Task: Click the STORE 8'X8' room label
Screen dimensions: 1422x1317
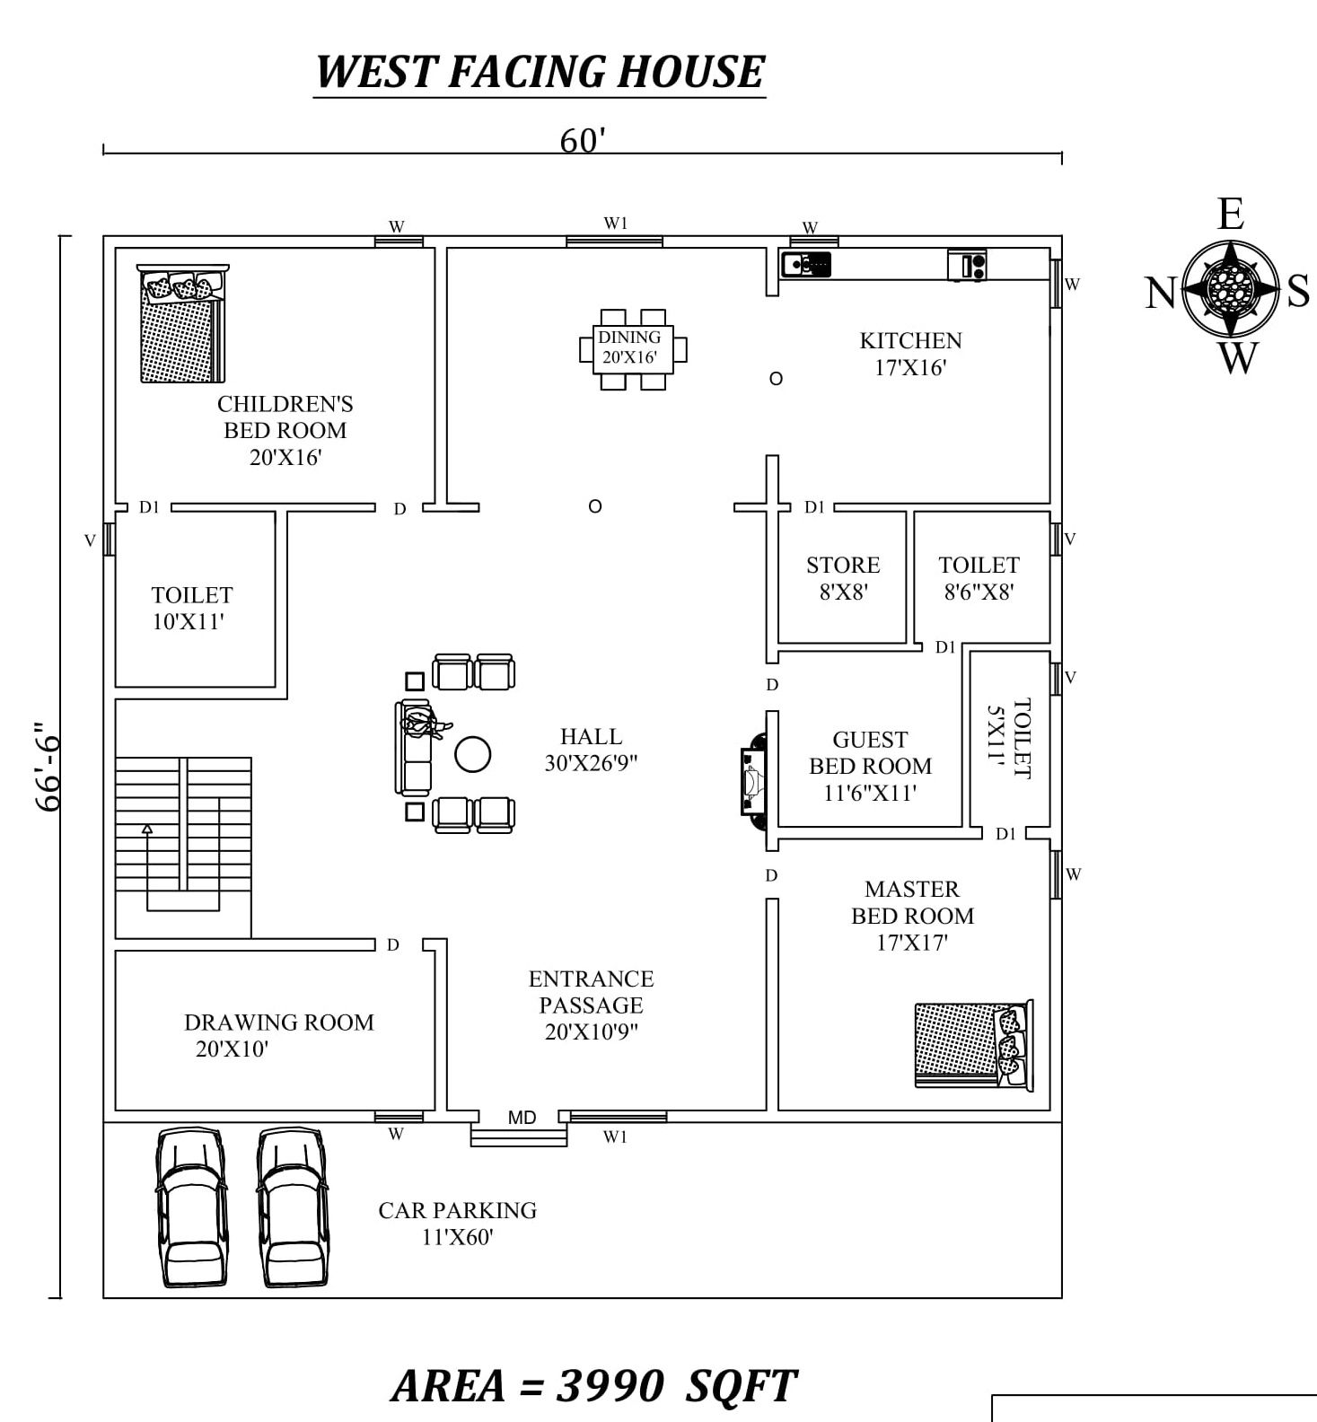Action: click(842, 578)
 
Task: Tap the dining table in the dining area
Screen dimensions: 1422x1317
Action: click(632, 349)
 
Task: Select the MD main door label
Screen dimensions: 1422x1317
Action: click(522, 1118)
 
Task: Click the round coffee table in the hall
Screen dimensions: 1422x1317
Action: click(472, 754)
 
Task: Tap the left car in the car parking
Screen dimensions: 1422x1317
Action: click(191, 1207)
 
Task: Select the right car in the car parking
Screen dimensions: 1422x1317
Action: click(293, 1207)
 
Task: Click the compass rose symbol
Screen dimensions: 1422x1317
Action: click(1229, 289)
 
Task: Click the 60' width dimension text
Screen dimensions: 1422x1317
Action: click(583, 141)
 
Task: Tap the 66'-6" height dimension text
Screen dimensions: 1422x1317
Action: click(48, 767)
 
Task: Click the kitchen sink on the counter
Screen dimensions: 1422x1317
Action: click(805, 265)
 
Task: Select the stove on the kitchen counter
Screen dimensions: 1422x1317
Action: click(967, 266)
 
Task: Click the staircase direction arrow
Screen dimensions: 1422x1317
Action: click(147, 829)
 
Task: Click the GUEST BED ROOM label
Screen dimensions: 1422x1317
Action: click(869, 766)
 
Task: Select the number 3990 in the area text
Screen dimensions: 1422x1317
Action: click(610, 1385)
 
